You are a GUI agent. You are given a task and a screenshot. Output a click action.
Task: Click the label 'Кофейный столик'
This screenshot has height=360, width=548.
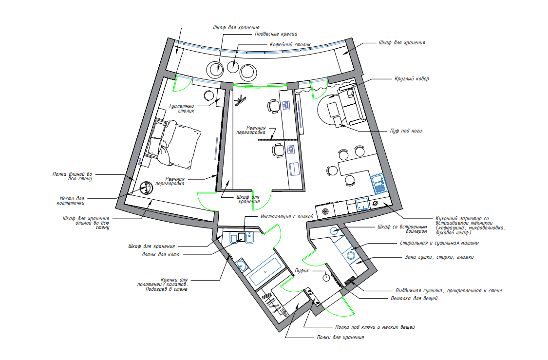pos(290,45)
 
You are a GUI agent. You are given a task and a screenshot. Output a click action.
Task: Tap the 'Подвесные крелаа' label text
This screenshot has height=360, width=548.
pos(276,34)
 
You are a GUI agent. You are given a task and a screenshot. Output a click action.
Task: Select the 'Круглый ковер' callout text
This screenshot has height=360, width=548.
pos(412,78)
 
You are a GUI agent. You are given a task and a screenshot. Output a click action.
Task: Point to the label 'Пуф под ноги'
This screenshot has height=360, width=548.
pos(406,131)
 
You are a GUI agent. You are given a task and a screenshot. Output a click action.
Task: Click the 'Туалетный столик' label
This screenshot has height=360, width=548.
pos(182,108)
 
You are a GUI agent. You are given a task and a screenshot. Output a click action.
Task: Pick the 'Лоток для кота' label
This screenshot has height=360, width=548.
pos(160,254)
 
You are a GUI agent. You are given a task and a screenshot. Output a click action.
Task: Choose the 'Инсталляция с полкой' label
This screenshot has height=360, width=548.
pos(286,217)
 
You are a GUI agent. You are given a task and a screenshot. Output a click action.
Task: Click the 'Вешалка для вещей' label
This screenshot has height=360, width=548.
pos(414,299)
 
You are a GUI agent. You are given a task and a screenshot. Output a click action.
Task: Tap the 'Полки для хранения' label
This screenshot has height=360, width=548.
pos(340,337)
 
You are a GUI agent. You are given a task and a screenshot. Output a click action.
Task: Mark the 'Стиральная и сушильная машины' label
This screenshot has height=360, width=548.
pos(439,243)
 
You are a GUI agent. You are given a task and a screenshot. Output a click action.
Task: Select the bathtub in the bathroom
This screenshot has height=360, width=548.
pos(265,271)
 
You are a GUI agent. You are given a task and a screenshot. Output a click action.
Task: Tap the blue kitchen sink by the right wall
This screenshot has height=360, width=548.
pos(379,184)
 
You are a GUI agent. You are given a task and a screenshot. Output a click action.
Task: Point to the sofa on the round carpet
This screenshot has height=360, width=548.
pos(349,104)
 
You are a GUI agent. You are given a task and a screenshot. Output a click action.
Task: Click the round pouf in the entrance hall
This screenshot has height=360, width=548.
pos(326,278)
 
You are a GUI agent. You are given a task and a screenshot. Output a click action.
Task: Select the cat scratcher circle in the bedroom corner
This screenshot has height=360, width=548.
pos(146,188)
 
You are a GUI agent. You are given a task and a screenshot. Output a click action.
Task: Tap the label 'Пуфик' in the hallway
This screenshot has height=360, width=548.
pos(302,270)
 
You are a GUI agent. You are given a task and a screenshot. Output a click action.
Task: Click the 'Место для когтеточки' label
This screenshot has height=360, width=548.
pos(71,201)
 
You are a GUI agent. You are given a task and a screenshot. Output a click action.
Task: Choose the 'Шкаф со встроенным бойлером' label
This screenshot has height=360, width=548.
pos(402,229)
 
